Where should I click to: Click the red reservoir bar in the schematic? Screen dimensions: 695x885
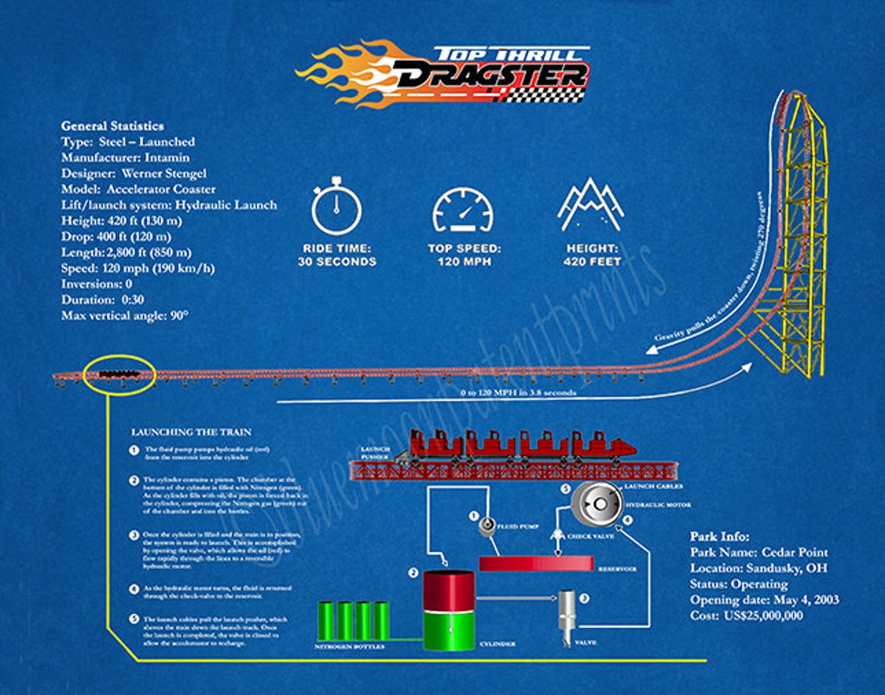536,564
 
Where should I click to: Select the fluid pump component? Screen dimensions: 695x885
488,525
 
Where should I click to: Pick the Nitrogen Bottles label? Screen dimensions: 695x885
349,647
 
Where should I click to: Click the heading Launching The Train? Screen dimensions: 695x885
191,432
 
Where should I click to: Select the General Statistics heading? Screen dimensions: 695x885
113,126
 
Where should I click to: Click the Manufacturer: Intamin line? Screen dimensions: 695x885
125,158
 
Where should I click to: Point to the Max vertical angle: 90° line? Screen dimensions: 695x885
125,316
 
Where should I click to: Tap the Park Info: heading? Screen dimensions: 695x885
719,536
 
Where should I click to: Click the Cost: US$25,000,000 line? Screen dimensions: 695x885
746,615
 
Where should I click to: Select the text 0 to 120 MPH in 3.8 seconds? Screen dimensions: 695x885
518,393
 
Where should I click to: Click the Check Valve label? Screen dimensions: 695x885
590,536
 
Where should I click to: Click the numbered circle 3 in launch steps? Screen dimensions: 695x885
134,535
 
